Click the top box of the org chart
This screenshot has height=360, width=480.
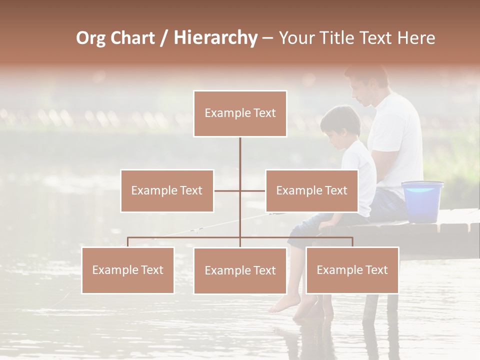[240, 113]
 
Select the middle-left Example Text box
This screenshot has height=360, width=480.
[167, 190]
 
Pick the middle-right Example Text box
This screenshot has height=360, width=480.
[311, 190]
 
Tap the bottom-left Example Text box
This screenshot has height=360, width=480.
[128, 270]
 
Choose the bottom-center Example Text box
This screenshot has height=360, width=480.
[240, 270]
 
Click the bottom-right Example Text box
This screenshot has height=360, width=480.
[352, 270]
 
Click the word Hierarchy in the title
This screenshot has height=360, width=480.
[215, 38]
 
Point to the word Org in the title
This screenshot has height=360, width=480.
[90, 38]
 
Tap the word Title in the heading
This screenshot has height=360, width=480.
[334, 38]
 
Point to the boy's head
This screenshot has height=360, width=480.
[341, 125]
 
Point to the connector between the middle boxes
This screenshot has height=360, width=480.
[239, 190]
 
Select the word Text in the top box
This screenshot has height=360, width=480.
[263, 113]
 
